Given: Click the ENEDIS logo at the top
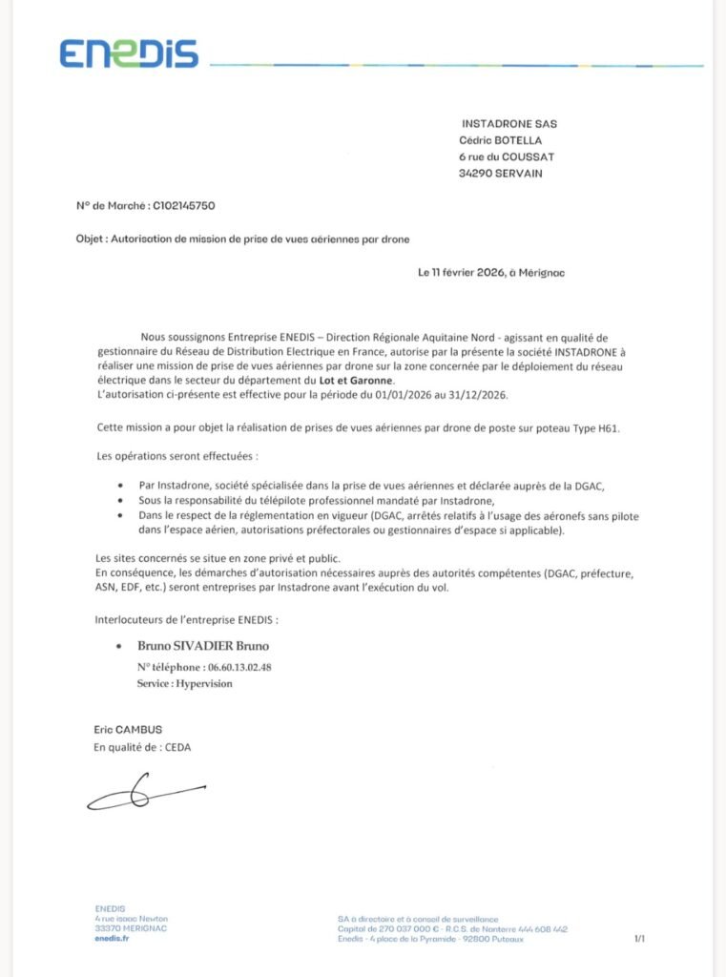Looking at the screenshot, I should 129,53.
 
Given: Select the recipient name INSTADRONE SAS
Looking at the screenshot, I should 508,124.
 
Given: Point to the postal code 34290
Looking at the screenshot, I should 475,173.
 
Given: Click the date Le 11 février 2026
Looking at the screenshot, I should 461,273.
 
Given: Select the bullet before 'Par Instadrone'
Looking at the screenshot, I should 118,487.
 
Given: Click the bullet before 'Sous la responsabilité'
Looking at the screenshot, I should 118,501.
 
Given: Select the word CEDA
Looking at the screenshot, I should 176,747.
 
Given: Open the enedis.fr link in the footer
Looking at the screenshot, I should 112,939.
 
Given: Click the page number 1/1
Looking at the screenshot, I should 639,939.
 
